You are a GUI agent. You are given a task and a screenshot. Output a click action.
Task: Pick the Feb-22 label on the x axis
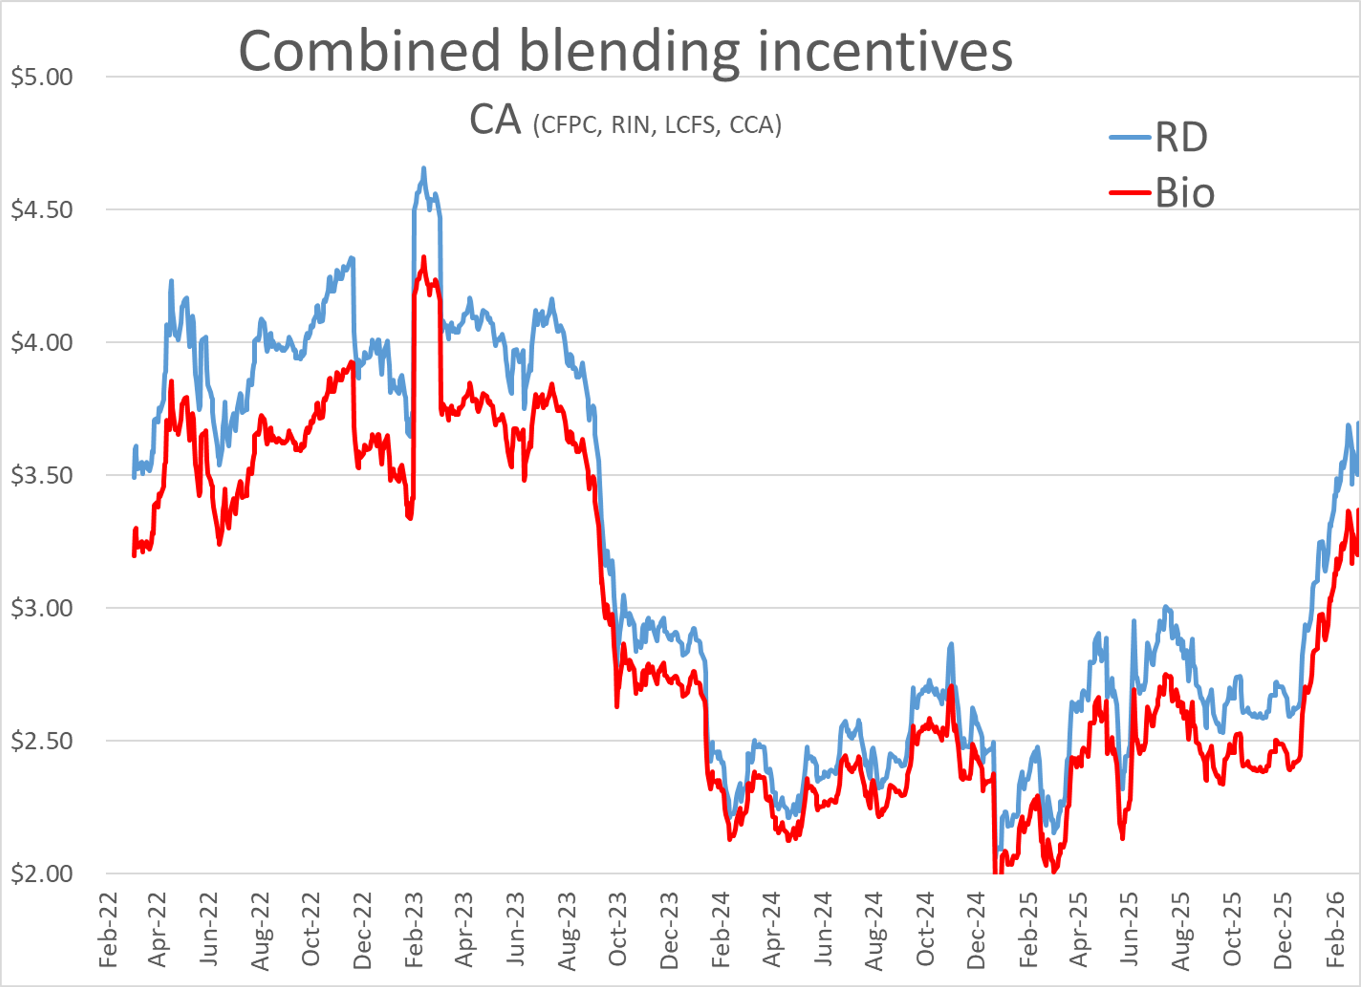(x=108, y=930)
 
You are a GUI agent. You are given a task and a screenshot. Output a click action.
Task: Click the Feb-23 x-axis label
(x=414, y=930)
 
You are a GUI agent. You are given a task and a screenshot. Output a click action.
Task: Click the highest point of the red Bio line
(x=424, y=258)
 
